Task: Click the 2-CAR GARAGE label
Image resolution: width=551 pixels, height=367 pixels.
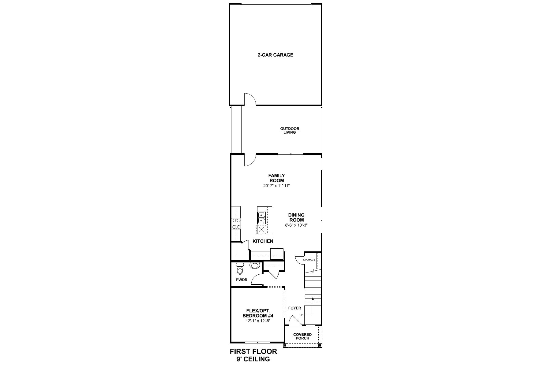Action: coord(275,55)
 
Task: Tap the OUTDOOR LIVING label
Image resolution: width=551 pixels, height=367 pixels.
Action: coord(290,131)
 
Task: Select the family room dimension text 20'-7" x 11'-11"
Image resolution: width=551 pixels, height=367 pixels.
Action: coord(276,186)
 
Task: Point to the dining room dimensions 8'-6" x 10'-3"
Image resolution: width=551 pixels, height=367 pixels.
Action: coord(296,225)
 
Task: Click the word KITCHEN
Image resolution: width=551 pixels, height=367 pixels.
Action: coord(263,241)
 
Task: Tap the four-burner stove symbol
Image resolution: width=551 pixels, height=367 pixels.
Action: coord(237,223)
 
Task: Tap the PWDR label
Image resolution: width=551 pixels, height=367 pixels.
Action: coord(241,280)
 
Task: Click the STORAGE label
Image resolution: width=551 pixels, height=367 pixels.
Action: coord(309,260)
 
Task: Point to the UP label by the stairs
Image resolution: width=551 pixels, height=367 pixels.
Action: coord(302,315)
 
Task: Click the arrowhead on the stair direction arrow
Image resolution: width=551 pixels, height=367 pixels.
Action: coord(313,298)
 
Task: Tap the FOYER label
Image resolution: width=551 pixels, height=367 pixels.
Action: coord(294,308)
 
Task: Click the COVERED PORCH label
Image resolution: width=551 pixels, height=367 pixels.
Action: coord(302,336)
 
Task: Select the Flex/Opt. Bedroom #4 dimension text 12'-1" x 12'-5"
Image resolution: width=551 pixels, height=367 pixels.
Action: coord(257,321)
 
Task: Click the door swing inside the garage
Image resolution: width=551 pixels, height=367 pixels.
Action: coord(249,100)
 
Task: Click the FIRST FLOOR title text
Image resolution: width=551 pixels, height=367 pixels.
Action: coord(253,352)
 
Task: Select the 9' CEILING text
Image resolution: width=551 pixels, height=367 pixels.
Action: coord(253,359)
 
